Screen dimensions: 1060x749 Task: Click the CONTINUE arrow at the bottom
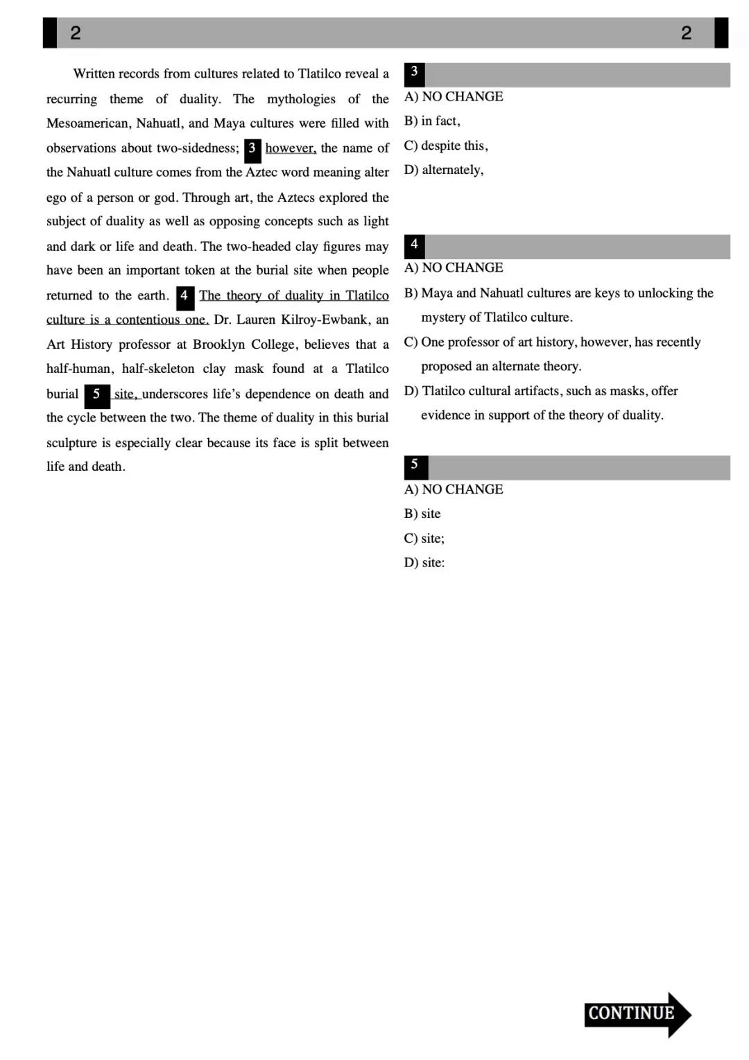(637, 1014)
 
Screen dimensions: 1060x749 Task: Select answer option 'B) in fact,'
(432, 121)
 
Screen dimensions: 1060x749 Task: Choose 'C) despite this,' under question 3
(446, 146)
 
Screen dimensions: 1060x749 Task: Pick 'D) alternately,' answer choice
(444, 170)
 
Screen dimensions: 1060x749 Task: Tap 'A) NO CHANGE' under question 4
(454, 268)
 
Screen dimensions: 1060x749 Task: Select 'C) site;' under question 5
(424, 539)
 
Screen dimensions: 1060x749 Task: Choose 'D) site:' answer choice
(424, 563)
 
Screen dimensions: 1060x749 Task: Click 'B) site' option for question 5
(422, 514)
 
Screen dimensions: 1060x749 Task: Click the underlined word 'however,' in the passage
(291, 148)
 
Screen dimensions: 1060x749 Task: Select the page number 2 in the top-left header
(76, 33)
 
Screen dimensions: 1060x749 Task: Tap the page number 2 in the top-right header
(686, 33)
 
